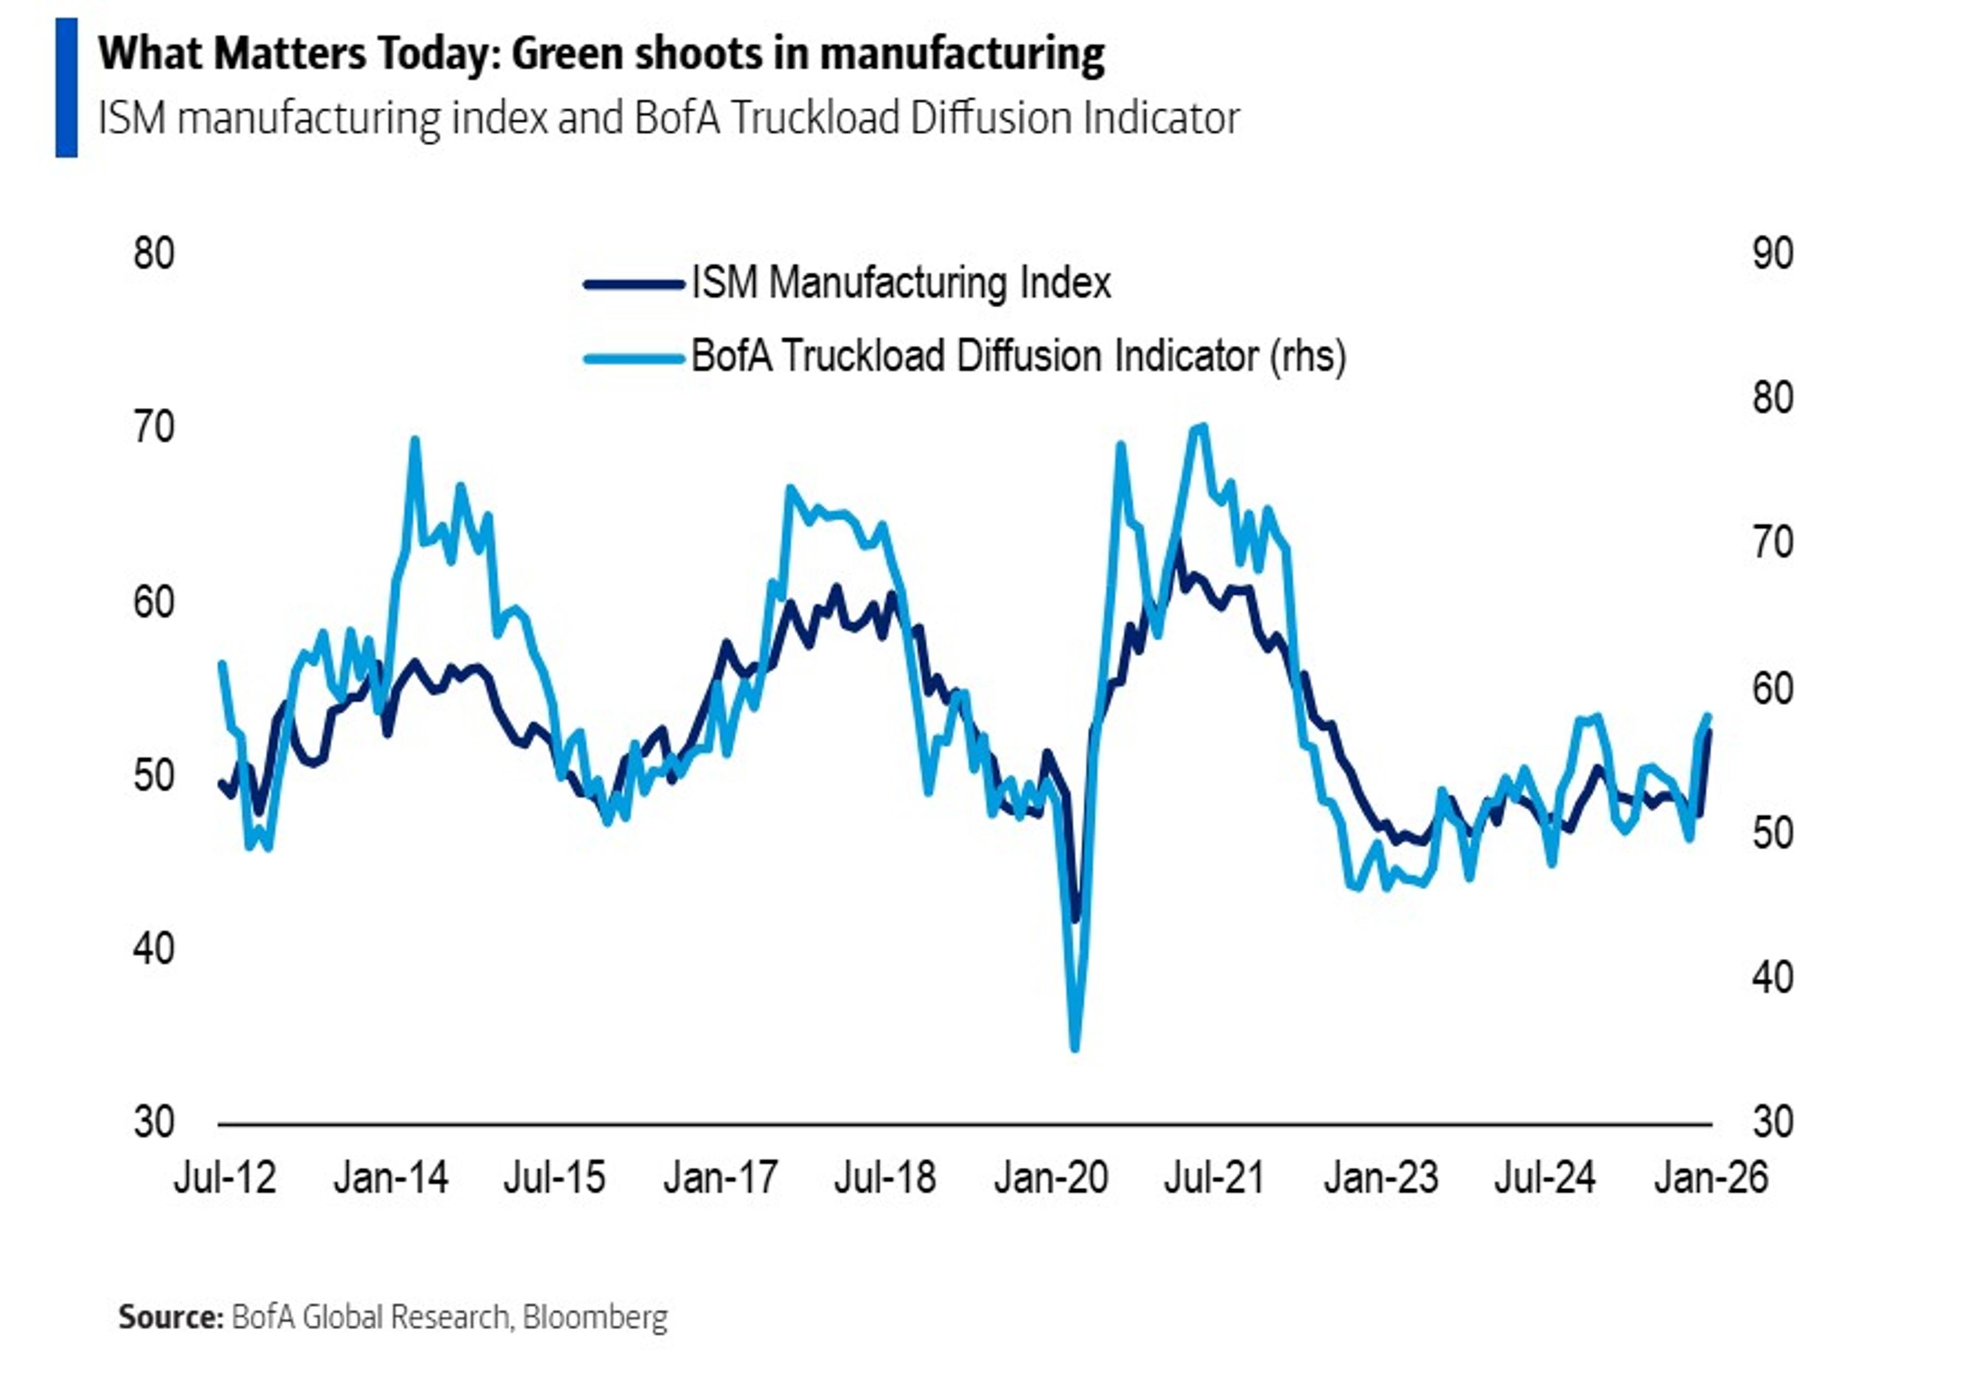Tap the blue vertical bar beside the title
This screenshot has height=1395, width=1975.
coord(66,88)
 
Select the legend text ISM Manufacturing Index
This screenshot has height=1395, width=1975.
coord(901,283)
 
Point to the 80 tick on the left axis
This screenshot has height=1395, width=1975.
coord(154,255)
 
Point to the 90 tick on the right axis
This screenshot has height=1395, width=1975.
coord(1772,255)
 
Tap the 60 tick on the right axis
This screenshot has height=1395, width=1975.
coord(1772,689)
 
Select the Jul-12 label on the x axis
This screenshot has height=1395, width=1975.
coord(225,1177)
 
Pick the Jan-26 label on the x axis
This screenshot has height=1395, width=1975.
coord(1711,1177)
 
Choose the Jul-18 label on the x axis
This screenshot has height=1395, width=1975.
coord(885,1177)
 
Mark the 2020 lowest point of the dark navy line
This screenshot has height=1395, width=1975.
coord(1075,919)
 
